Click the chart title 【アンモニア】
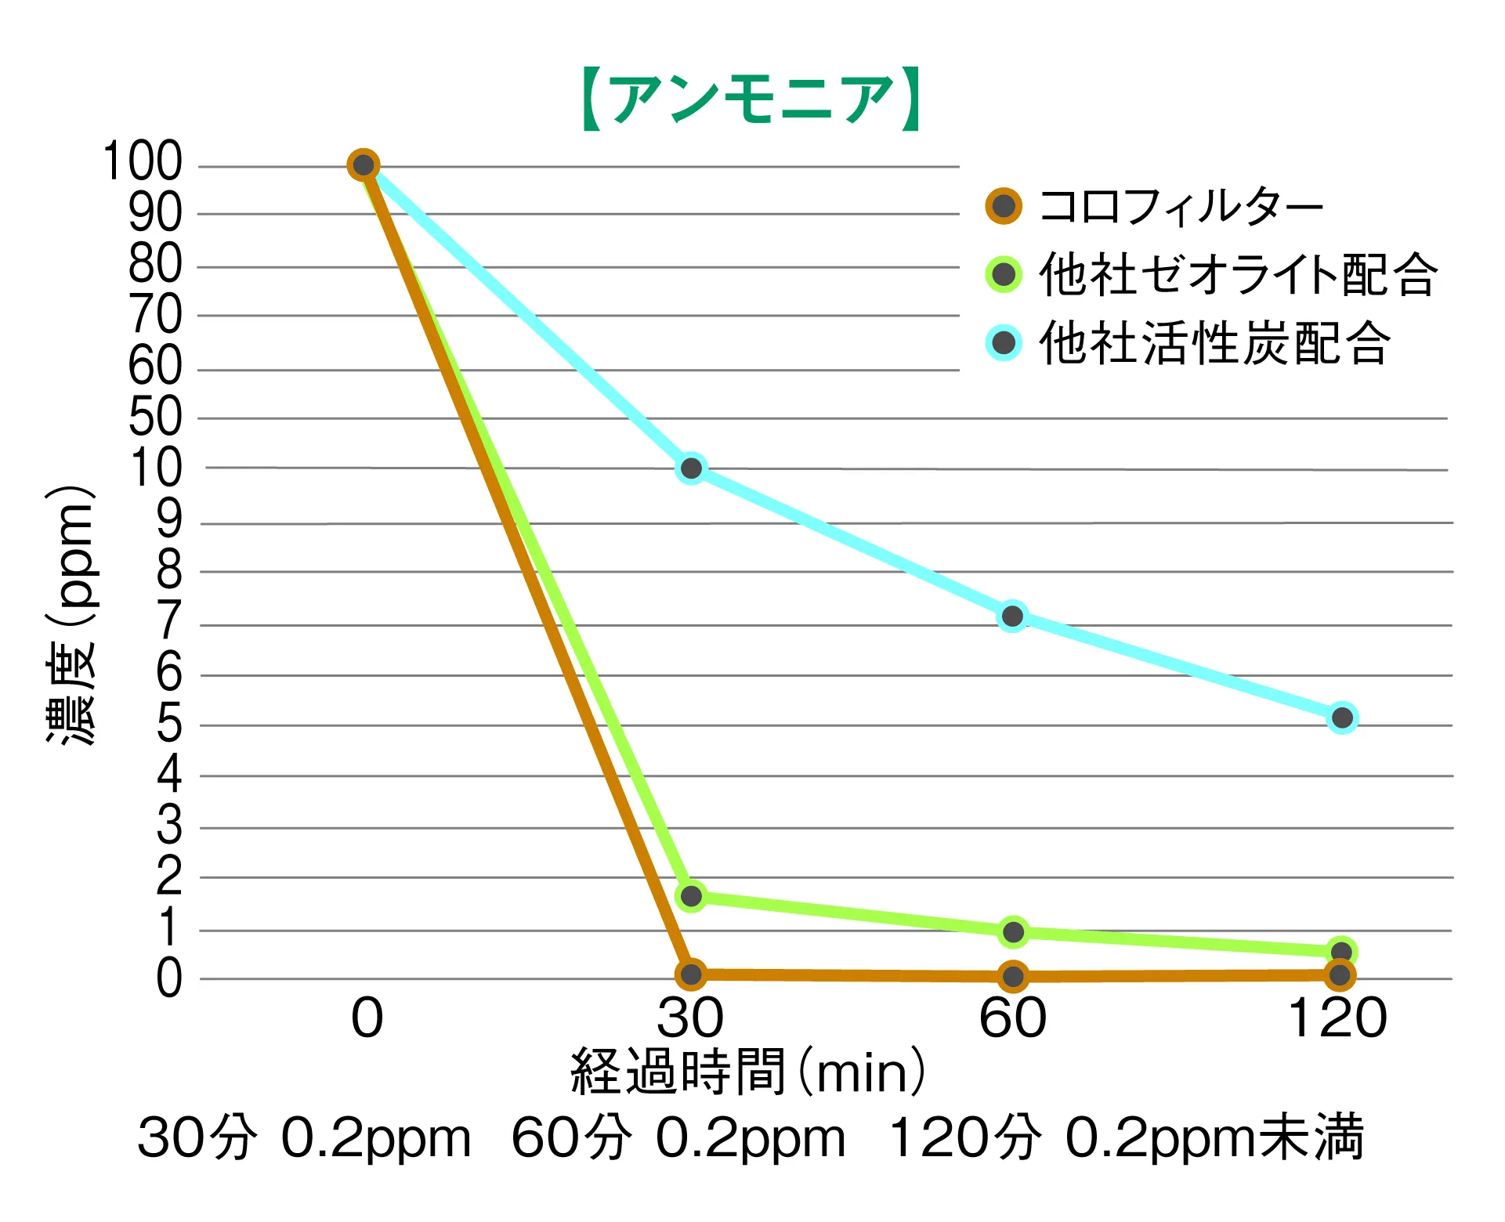[751, 99]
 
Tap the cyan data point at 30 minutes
[691, 468]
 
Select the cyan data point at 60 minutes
[1012, 616]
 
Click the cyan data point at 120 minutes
[1342, 718]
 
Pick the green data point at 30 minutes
[691, 896]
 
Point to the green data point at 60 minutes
[1013, 932]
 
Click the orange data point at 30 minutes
[691, 974]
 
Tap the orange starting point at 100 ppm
[364, 165]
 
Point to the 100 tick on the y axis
[143, 161]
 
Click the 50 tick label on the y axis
[155, 417]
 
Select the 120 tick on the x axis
[1337, 1018]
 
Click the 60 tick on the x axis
[1012, 1018]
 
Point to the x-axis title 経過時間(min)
[748, 1072]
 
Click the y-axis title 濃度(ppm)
[71, 615]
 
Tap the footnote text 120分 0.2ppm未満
[1127, 1137]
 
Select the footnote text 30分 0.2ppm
[304, 1137]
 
